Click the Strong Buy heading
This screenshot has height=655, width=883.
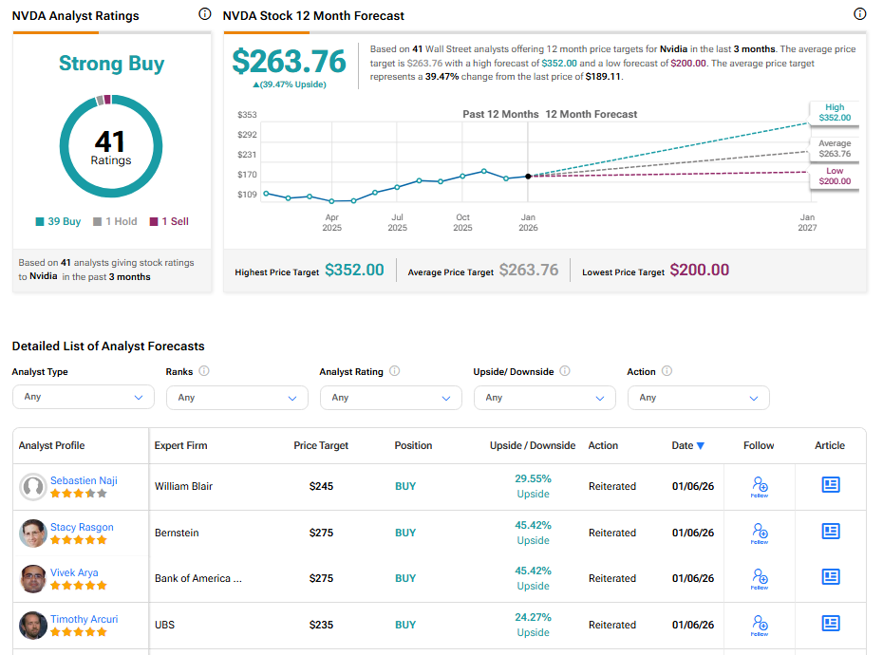[x=111, y=64]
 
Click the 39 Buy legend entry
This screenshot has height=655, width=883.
[x=58, y=221]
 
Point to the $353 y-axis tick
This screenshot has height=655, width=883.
[x=247, y=115]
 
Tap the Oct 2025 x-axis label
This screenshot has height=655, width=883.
[x=462, y=222]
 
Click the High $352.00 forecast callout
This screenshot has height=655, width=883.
[x=835, y=112]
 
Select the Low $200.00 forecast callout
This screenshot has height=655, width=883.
[x=835, y=177]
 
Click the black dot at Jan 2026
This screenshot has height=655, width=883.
[x=528, y=177]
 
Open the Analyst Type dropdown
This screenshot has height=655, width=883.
[x=83, y=397]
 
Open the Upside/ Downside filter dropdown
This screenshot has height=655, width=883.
[x=544, y=397]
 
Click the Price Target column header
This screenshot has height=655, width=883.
[x=321, y=445]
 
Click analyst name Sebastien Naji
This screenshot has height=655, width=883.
[x=84, y=480]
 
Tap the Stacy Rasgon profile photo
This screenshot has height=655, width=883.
[x=33, y=533]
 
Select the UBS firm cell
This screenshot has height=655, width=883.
[x=166, y=625]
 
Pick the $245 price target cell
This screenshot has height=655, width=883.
[x=321, y=486]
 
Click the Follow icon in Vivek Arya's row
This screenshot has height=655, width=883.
[x=760, y=577]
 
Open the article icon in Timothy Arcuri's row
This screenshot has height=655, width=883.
[x=831, y=624]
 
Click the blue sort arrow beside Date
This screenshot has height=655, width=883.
[x=701, y=445]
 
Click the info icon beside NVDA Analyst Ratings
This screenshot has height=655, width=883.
[x=205, y=14]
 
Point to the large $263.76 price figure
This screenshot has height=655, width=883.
[x=290, y=61]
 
